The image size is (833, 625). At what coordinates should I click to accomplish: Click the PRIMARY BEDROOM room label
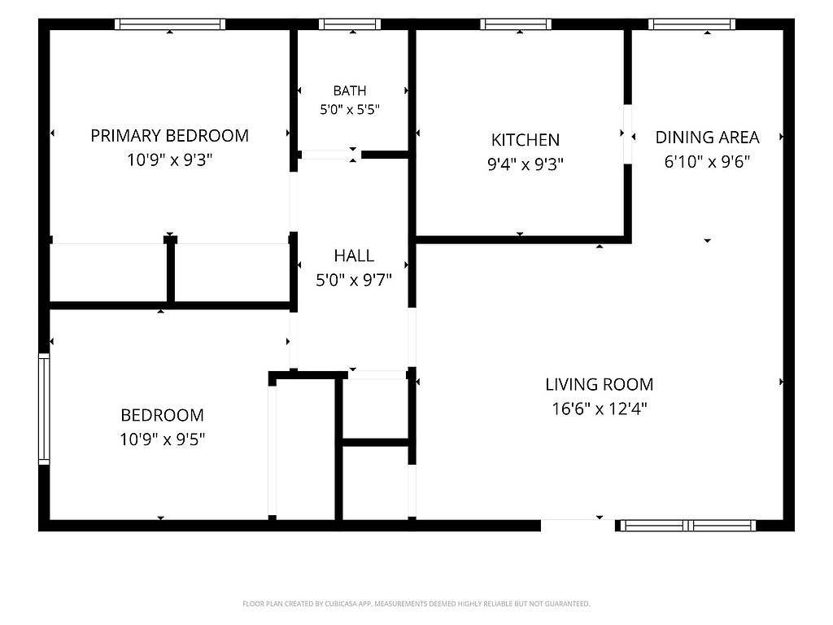click(169, 136)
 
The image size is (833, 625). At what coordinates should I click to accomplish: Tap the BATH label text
click(350, 91)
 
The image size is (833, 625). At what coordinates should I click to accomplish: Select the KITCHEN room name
click(526, 140)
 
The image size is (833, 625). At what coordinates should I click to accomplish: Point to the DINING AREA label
click(707, 137)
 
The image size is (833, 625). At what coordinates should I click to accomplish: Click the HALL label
click(354, 256)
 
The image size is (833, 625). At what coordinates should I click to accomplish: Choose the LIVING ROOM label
click(600, 384)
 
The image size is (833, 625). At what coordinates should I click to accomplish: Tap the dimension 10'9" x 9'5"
click(162, 439)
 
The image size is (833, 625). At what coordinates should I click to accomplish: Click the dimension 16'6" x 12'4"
click(600, 409)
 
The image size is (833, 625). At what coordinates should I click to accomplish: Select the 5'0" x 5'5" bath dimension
click(350, 110)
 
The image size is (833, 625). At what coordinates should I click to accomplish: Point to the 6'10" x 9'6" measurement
click(707, 162)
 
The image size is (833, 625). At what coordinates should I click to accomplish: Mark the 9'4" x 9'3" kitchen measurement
click(526, 164)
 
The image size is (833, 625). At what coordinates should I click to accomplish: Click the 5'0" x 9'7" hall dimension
click(354, 280)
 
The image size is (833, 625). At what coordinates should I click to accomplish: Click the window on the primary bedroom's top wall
click(170, 24)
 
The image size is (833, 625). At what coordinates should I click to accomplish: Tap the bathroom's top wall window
click(350, 24)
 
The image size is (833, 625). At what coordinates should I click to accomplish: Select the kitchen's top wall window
click(516, 24)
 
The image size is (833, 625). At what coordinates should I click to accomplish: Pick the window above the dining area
click(691, 24)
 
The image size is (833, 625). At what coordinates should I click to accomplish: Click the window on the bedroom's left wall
click(44, 409)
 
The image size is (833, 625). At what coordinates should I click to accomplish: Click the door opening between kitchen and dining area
click(627, 134)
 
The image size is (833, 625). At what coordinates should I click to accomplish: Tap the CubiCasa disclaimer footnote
click(416, 604)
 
